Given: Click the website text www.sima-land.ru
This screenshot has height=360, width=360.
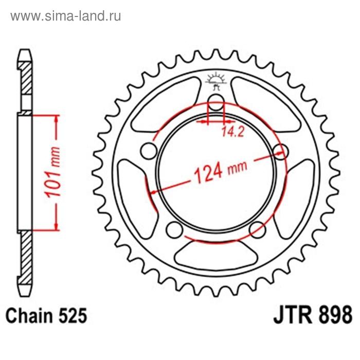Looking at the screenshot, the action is (x=66, y=16).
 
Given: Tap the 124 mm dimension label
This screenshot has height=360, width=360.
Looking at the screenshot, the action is (x=221, y=171).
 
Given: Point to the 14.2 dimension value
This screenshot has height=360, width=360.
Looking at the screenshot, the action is (x=233, y=132).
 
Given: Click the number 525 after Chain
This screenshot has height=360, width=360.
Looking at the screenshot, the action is (x=73, y=315).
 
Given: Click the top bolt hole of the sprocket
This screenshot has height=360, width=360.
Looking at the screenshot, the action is (x=216, y=102).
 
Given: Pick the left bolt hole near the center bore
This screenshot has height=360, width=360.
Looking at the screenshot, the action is (x=149, y=151).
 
